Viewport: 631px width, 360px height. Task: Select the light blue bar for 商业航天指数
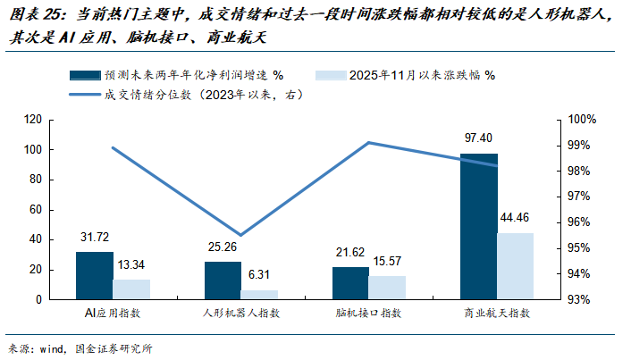[515, 265]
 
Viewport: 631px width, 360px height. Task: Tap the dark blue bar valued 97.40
[478, 226]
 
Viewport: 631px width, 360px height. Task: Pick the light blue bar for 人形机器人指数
[259, 294]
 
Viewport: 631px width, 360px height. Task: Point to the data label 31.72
[94, 239]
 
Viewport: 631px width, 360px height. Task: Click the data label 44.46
[516, 218]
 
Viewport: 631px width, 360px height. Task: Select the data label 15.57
[387, 262]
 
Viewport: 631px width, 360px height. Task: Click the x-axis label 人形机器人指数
[240, 314]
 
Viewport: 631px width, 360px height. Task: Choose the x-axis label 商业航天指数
[497, 314]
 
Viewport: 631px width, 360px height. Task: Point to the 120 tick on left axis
[35, 120]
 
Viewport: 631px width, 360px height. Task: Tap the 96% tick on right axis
[582, 222]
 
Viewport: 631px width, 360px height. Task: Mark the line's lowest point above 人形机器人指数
[240, 235]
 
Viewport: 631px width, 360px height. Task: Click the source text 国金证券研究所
[114, 347]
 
